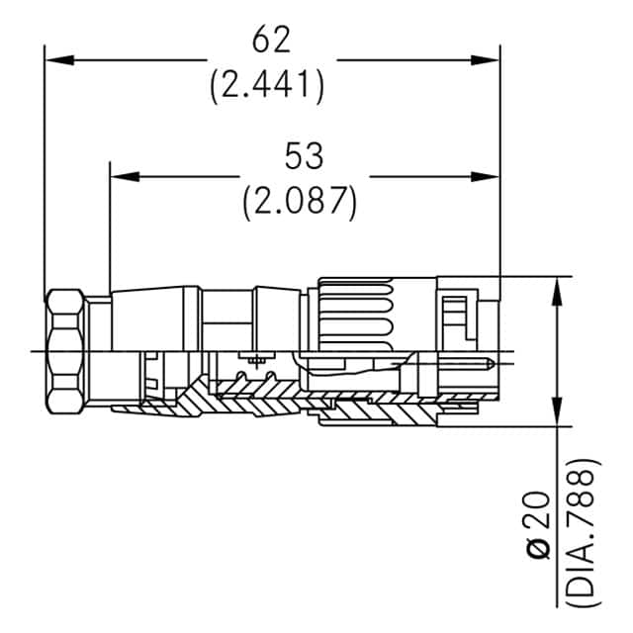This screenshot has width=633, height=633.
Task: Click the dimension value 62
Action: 271,41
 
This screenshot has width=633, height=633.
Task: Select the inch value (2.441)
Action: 267,86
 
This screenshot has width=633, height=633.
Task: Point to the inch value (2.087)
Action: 300,201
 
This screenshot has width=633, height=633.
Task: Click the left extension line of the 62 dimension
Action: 45,168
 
